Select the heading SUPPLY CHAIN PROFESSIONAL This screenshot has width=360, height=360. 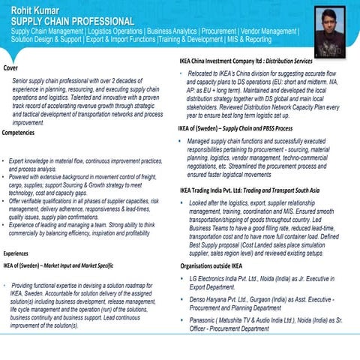72,21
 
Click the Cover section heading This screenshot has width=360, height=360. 11,68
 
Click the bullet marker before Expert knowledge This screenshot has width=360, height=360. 4,161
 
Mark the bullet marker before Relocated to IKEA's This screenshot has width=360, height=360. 182,73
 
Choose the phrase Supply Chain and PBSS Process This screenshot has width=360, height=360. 263,128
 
